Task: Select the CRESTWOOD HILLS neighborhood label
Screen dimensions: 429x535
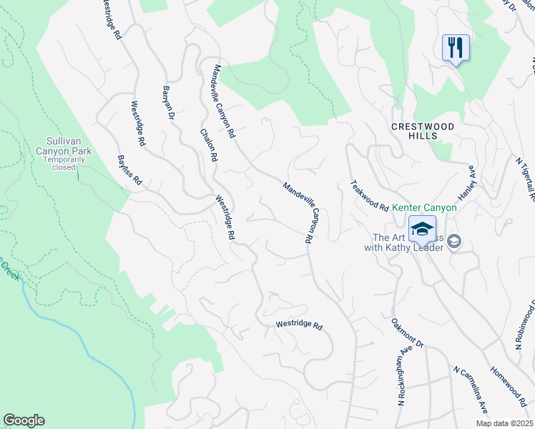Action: tap(423, 130)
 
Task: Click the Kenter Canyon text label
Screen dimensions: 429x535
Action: tap(429, 207)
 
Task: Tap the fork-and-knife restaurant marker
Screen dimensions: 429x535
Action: tap(456, 49)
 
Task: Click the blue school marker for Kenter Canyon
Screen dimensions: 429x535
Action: tap(423, 230)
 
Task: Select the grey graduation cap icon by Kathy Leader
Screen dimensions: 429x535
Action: tap(453, 243)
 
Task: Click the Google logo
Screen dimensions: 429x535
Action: tap(24, 420)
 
